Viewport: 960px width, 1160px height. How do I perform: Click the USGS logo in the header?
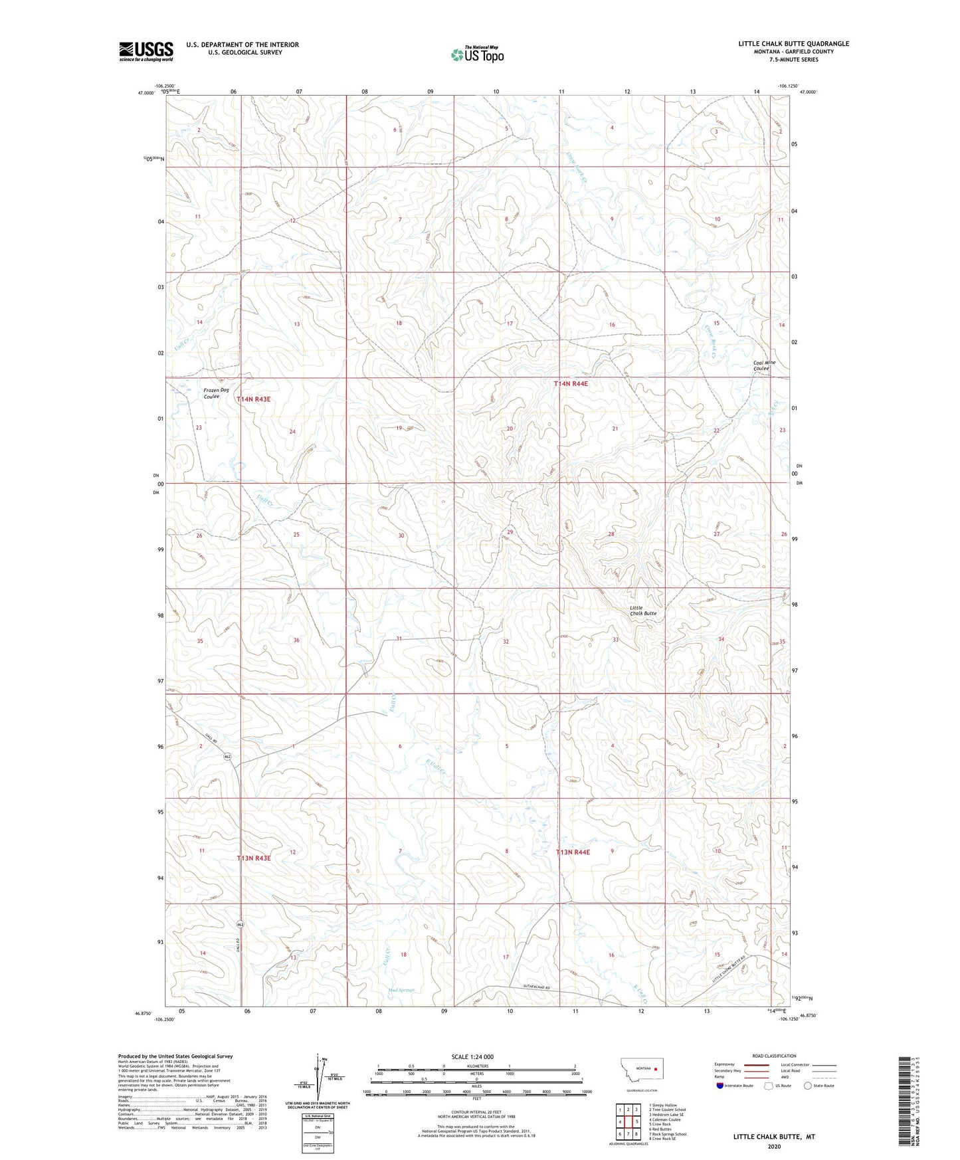click(146, 51)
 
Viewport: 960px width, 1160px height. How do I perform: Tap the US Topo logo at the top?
click(477, 54)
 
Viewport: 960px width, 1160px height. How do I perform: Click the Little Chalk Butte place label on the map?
click(642, 611)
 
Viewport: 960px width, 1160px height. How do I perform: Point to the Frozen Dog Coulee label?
click(216, 393)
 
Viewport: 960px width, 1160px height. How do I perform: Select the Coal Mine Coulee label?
click(764, 365)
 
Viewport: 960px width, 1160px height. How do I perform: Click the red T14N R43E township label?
click(254, 399)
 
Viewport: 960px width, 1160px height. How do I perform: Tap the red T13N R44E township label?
click(573, 852)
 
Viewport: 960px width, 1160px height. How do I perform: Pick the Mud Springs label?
click(401, 990)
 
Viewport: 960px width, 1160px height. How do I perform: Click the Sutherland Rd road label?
click(537, 988)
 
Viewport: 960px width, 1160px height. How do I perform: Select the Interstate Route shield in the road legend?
click(720, 1086)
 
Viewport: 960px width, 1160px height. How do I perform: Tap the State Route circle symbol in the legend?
click(808, 1086)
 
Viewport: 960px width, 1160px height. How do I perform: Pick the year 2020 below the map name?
click(774, 1146)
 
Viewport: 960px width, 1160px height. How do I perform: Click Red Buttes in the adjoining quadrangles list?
click(661, 1129)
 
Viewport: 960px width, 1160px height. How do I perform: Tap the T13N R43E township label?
click(254, 858)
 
